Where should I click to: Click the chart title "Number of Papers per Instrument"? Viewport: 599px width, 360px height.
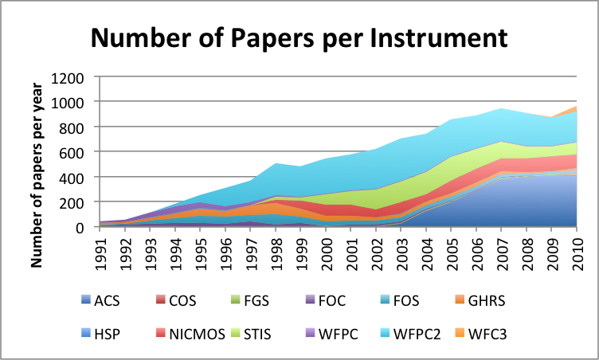(x=299, y=37)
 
